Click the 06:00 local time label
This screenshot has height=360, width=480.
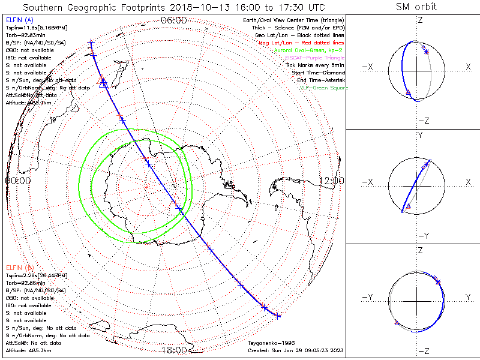174,20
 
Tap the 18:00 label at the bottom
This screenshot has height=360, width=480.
174,350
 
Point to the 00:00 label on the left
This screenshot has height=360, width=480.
18,180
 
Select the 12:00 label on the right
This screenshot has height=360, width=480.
331,180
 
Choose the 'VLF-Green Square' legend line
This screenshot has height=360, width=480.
324,88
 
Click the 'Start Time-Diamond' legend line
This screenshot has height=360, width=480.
318,72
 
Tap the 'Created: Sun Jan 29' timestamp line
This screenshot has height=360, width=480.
295,350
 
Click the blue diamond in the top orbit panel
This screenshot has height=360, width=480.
424,47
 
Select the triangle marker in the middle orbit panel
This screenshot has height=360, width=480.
408,206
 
